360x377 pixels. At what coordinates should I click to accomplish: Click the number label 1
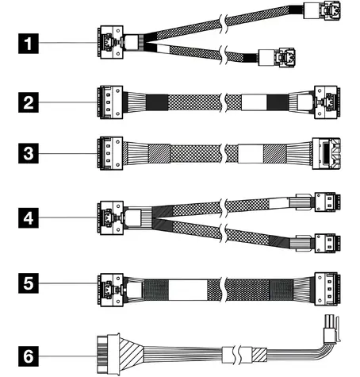point(29,44)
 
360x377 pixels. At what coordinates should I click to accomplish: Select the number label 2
point(29,102)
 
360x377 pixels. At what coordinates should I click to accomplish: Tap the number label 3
point(29,153)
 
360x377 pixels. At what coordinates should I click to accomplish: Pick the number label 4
point(29,218)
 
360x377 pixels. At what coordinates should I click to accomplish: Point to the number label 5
point(29,283)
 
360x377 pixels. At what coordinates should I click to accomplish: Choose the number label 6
point(29,356)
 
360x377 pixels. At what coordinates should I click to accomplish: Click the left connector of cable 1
point(110,42)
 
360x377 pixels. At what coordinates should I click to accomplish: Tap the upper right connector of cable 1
point(322,10)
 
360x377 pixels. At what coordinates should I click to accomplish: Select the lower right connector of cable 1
point(277,57)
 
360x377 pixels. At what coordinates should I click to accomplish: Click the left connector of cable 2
point(110,102)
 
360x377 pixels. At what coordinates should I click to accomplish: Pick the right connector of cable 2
point(327,102)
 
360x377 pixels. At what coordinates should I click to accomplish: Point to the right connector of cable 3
point(326,153)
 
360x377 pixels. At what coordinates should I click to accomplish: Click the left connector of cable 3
point(110,153)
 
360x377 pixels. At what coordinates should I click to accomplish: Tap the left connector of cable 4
point(110,217)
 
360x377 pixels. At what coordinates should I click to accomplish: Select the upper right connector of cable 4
point(327,202)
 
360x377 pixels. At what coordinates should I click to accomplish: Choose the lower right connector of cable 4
point(327,244)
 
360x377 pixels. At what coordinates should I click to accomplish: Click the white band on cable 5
point(188,290)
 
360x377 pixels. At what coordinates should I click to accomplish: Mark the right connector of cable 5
point(327,289)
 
